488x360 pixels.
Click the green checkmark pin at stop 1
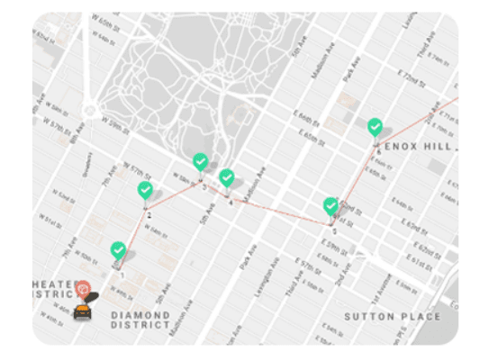[x=118, y=250]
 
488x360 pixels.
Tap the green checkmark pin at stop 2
[x=145, y=191]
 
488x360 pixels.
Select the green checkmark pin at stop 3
[x=201, y=162]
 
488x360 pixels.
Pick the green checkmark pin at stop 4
[x=228, y=178]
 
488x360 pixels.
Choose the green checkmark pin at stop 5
[x=331, y=207]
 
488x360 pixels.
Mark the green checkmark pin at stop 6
[x=375, y=127]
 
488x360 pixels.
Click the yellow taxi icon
[x=82, y=310]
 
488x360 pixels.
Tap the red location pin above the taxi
[x=82, y=290]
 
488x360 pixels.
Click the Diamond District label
[x=140, y=319]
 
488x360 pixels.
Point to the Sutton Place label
[x=393, y=317]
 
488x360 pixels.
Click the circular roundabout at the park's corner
[x=89, y=111]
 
